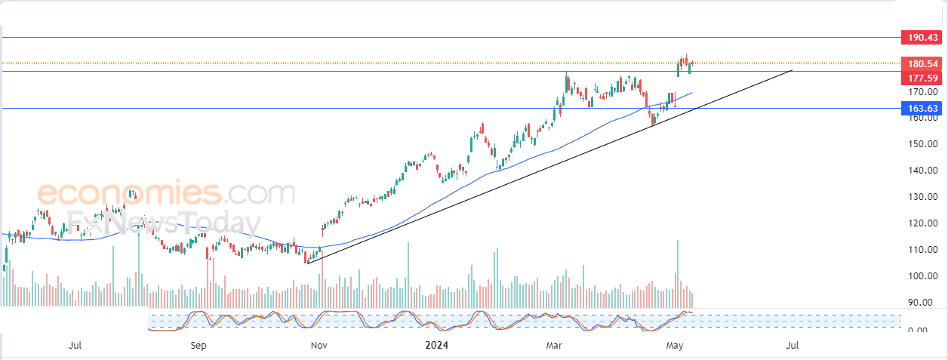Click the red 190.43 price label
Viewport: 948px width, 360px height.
tap(922, 38)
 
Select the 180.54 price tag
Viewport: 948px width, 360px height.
tap(922, 64)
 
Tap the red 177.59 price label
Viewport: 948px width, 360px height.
tap(922, 78)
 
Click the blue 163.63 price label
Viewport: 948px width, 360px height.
tap(922, 108)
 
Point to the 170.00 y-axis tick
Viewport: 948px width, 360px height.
tap(922, 91)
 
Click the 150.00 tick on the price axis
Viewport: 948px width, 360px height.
tap(922, 144)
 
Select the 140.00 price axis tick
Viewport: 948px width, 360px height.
tap(922, 170)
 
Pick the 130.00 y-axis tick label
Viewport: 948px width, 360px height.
tap(922, 197)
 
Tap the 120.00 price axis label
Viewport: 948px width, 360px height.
tap(922, 223)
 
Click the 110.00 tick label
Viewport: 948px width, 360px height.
tap(922, 250)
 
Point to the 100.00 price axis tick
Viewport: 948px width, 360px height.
tap(922, 275)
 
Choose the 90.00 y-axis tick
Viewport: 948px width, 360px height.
tap(925, 302)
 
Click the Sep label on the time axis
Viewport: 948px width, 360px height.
tap(199, 345)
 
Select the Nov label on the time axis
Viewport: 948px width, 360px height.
tap(319, 345)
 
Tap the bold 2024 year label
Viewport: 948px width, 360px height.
tap(437, 345)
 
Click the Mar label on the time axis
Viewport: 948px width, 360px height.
tap(554, 345)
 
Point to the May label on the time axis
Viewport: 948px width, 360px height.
tap(675, 345)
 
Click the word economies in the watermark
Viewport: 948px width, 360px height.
tap(130, 193)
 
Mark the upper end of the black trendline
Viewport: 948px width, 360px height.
tap(792, 70)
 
